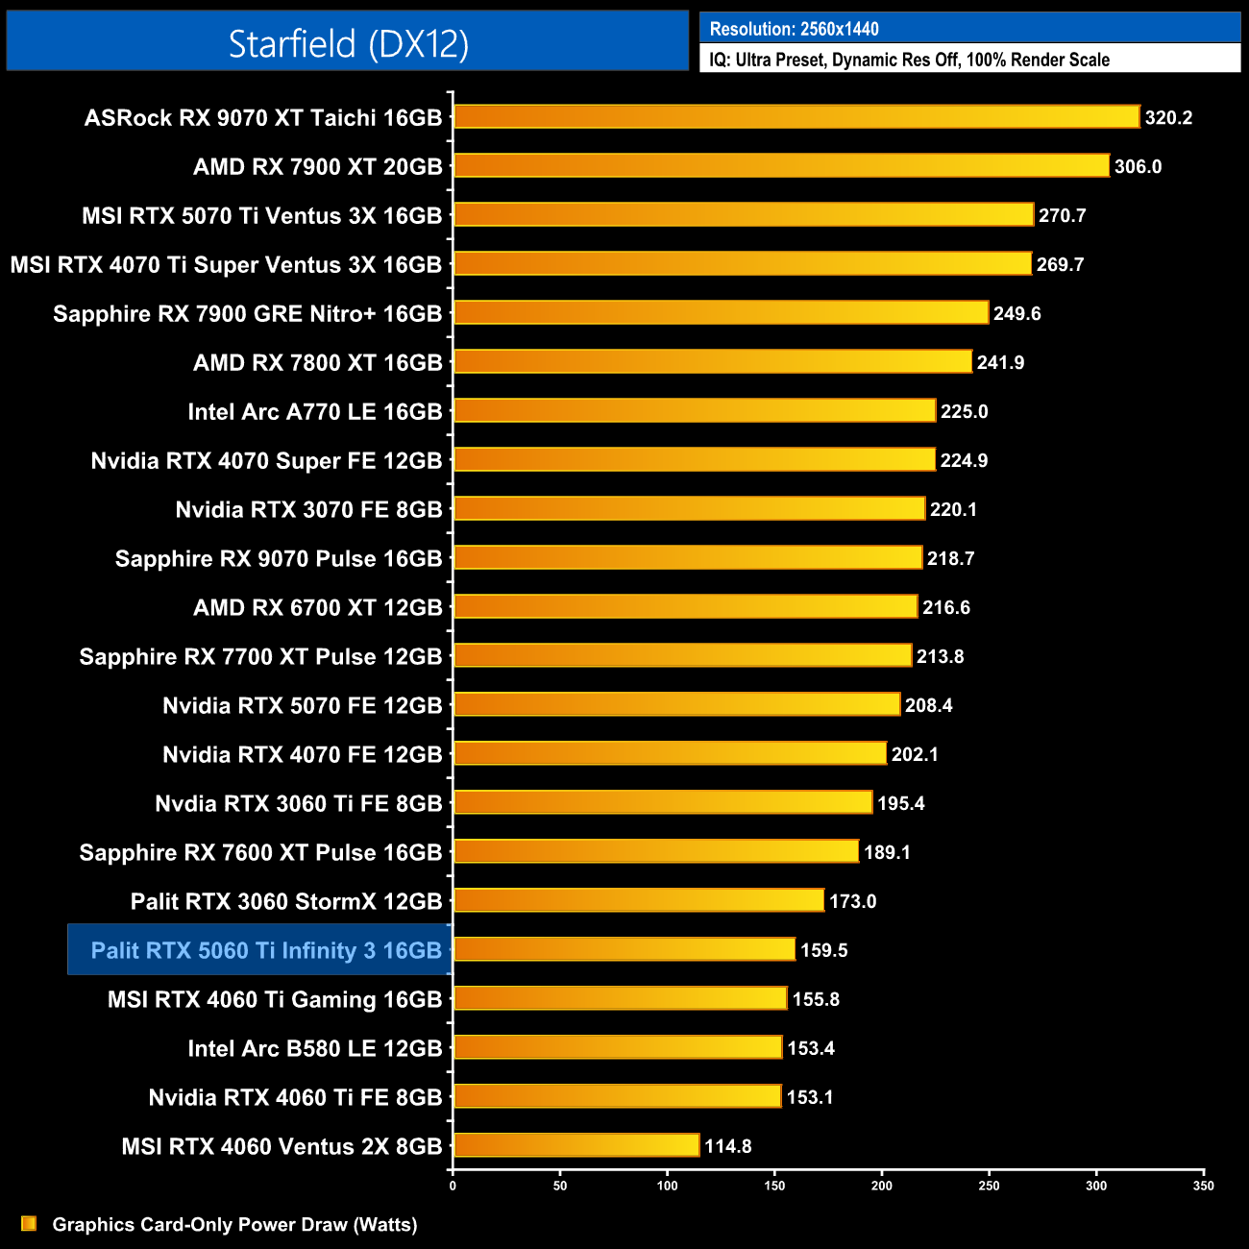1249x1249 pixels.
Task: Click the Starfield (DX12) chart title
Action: [348, 43]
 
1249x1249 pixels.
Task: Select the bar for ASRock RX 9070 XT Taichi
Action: [796, 117]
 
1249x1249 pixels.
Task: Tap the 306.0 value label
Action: [1138, 167]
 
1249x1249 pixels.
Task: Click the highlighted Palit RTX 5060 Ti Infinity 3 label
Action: [266, 950]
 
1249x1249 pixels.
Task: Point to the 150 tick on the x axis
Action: [774, 1186]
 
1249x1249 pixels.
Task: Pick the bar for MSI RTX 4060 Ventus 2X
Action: [576, 1145]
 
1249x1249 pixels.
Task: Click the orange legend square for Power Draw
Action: [29, 1224]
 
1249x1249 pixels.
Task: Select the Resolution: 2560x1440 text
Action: [794, 29]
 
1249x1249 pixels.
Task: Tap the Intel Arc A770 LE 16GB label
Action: [315, 412]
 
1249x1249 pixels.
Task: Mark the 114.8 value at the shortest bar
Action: [728, 1146]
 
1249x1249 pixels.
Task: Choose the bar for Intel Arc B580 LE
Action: [618, 1047]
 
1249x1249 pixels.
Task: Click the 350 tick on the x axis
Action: [1204, 1186]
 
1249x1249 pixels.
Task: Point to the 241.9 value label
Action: [1000, 363]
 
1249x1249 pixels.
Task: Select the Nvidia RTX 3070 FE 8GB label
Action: [308, 510]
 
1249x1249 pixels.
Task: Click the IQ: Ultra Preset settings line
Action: [909, 60]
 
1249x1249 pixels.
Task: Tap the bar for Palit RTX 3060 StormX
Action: [639, 900]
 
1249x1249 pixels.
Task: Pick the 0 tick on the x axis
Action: [453, 1186]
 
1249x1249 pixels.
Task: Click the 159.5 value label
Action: [823, 950]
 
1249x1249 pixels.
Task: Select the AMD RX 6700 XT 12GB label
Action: [318, 608]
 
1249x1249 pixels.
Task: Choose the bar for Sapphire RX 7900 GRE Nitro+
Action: [721, 312]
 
